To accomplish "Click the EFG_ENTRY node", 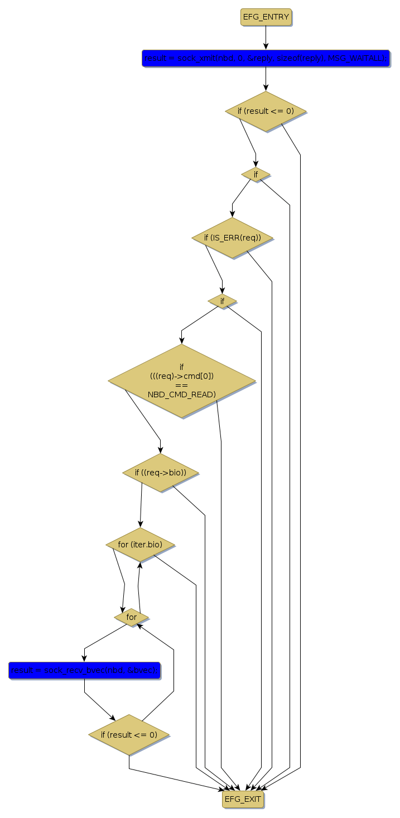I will click(x=266, y=17).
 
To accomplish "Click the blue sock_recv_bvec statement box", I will click(x=84, y=670).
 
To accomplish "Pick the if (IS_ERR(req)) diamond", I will click(x=232, y=238).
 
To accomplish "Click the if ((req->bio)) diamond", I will click(x=161, y=473).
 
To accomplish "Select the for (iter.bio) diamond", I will click(x=140, y=544).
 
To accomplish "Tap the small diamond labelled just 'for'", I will click(x=132, y=617).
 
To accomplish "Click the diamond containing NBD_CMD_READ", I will click(x=181, y=381).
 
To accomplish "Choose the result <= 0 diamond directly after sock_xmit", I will click(x=266, y=111).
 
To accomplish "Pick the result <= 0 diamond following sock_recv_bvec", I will click(x=129, y=735).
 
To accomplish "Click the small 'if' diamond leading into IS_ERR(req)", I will click(x=256, y=175).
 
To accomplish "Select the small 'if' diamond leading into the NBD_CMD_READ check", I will click(x=222, y=301).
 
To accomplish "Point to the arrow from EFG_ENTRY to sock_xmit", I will click(x=266, y=38).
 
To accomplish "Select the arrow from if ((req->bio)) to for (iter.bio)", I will click(x=141, y=505).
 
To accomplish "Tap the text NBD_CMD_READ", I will click(x=181, y=394).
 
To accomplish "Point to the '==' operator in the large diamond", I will click(x=181, y=385).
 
